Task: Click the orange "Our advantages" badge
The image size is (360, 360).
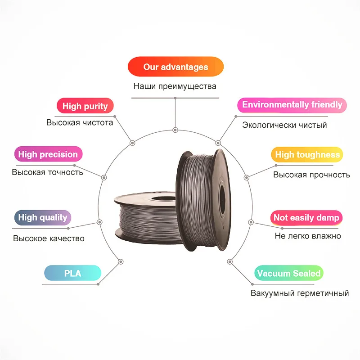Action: pos(175,67)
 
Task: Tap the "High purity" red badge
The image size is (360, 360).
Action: pos(85,106)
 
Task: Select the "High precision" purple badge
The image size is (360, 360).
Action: pos(48,154)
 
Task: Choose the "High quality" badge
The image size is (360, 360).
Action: pos(43,218)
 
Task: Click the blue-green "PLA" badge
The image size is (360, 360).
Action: pos(72,273)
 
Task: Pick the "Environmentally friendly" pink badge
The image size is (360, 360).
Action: pos(292,105)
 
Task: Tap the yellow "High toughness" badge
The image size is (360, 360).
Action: pos(307,155)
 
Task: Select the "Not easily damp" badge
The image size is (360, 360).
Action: pos(306,218)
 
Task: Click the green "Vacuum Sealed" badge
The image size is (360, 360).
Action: pos(288,273)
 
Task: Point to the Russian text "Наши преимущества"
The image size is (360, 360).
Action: pos(175,86)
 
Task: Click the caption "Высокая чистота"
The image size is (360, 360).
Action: pos(80,122)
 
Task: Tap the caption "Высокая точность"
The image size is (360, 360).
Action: pos(47,172)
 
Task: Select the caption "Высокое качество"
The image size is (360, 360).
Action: pos(49,238)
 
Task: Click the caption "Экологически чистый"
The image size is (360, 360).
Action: pos(284,125)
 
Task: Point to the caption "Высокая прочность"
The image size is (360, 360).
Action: pos(311,175)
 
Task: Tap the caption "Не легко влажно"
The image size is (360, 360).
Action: pos(308,236)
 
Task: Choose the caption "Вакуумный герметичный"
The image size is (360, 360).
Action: pos(300,293)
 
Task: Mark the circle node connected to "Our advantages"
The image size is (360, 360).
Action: pos(175,130)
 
